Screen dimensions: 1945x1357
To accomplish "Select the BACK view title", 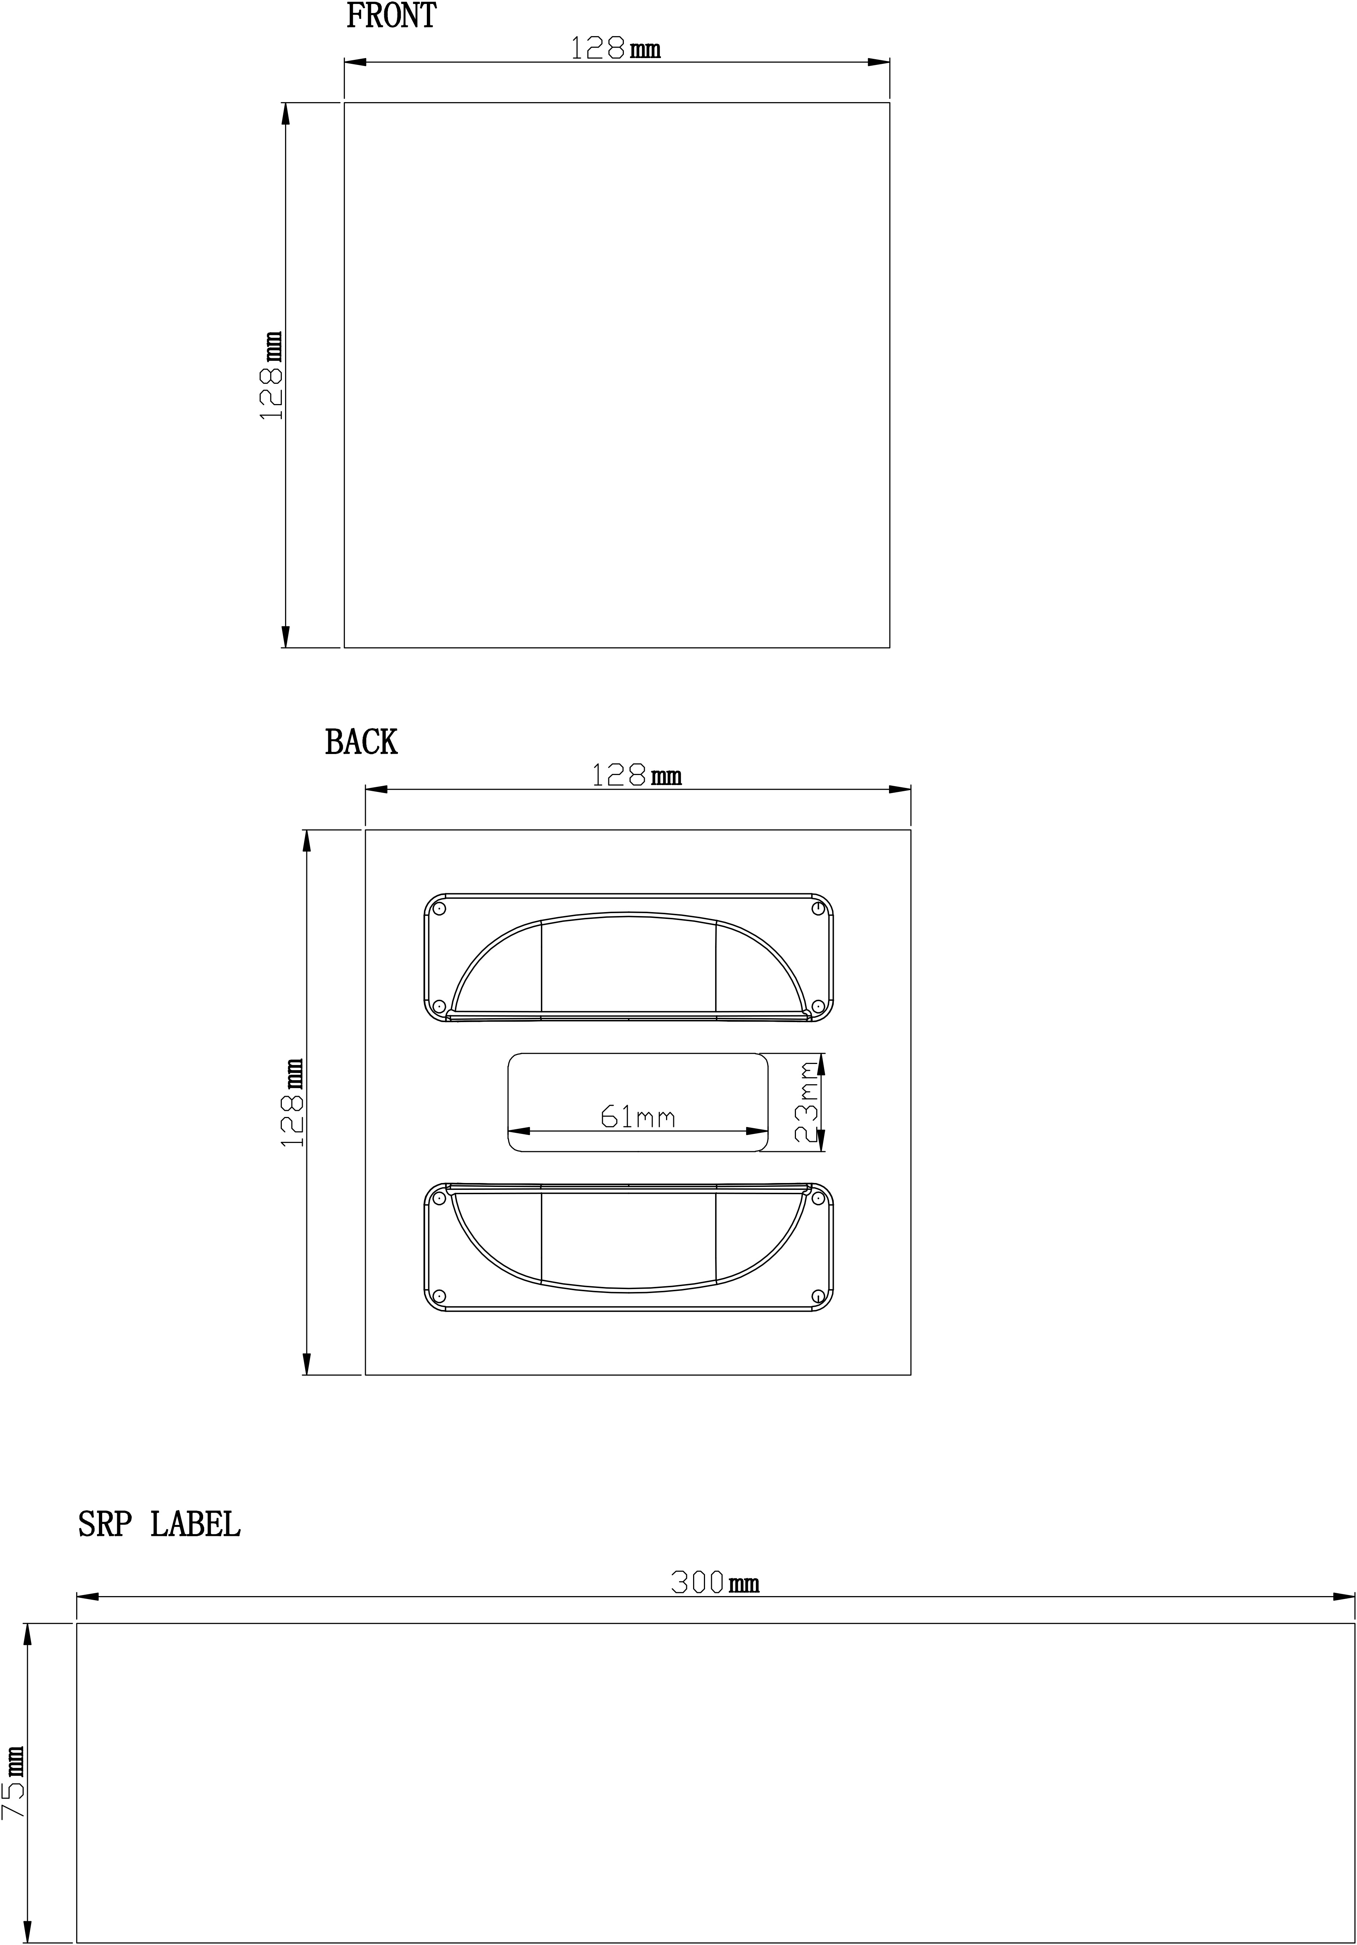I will coord(361,743).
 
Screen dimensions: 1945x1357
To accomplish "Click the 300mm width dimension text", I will coord(715,1582).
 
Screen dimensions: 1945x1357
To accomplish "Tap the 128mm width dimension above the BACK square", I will coord(636,775).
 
